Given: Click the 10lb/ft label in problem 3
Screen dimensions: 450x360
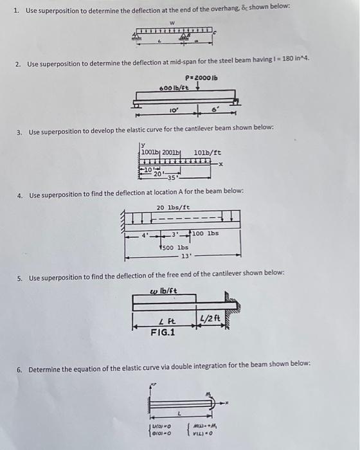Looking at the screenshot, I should (207, 152).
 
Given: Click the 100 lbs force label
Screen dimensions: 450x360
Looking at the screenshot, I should (205, 233).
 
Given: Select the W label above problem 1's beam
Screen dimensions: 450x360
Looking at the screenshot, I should (172, 23).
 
